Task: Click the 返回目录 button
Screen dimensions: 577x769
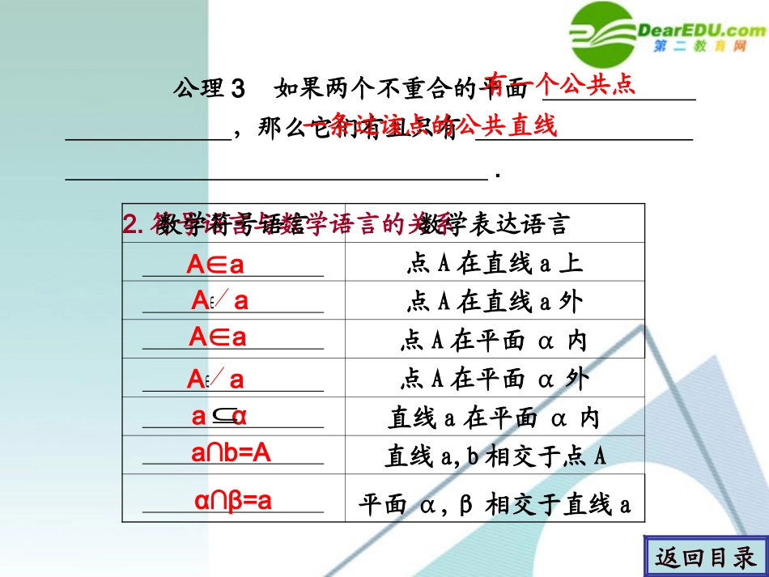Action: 706,557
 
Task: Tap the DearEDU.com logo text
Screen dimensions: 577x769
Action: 701,30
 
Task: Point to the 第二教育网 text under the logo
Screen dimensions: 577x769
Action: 699,48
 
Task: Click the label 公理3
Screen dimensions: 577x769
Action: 208,87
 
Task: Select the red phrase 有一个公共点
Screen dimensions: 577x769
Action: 562,85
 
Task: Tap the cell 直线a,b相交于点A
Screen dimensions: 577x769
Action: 494,456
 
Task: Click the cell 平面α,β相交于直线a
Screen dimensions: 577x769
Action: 494,505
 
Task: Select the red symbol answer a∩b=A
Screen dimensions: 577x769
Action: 231,453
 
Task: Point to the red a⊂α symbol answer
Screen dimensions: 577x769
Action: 219,417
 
